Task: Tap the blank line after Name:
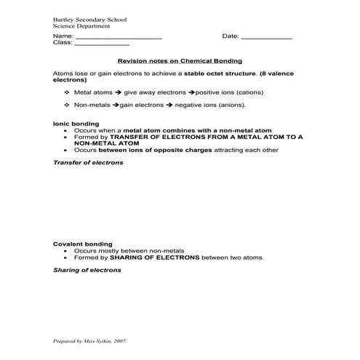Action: pyautogui.click(x=119, y=36)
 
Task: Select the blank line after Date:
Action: pyautogui.click(x=266, y=36)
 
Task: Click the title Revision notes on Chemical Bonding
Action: pyautogui.click(x=180, y=61)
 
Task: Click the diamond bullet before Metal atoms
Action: pyautogui.click(x=67, y=92)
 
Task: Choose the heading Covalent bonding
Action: pyautogui.click(x=83, y=244)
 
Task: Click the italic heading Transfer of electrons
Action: pyautogui.click(x=88, y=163)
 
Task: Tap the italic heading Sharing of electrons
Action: pyautogui.click(x=87, y=270)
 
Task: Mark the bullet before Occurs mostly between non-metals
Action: pyautogui.click(x=67, y=250)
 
